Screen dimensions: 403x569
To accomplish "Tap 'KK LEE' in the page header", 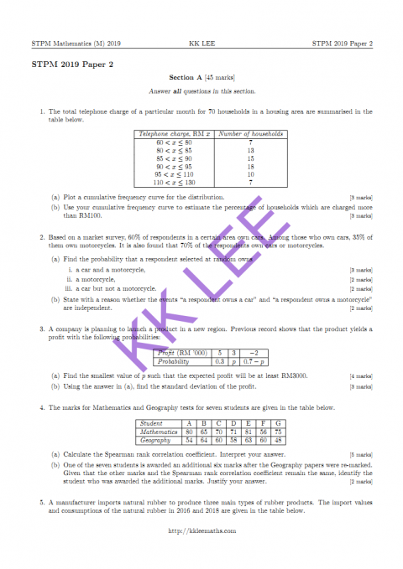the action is [202, 42].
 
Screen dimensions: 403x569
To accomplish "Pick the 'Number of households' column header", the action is [250, 133].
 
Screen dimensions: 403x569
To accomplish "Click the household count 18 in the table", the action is [250, 166].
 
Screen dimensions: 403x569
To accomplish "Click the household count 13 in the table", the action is [250, 150].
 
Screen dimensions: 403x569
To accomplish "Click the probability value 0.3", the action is [218, 362].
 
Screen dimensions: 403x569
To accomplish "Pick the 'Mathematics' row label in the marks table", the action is [158, 432].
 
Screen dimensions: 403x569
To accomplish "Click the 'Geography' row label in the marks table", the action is [158, 440].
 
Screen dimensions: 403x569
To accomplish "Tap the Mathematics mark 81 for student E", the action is [249, 432].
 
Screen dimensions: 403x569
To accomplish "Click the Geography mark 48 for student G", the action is [277, 440].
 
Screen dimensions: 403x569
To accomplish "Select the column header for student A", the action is [190, 423].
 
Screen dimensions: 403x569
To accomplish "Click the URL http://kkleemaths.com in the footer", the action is [201, 530].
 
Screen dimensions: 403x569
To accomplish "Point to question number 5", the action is [41, 502].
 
